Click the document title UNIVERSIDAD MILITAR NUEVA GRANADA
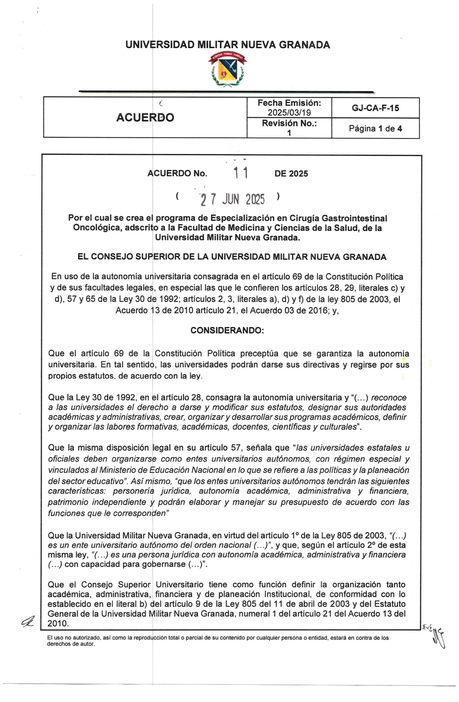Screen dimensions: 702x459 point(228,45)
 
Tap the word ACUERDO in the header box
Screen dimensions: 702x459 point(145,118)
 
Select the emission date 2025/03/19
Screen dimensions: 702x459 point(289,113)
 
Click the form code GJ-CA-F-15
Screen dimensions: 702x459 point(375,108)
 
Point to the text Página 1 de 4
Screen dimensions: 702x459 point(375,129)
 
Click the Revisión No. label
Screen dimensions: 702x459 point(289,124)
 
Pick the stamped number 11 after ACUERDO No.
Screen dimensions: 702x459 point(241,173)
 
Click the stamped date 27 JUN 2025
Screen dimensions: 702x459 point(233,199)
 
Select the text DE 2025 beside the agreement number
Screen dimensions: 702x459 point(291,174)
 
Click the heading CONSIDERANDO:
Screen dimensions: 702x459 point(227,331)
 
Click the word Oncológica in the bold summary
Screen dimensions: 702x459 point(96,228)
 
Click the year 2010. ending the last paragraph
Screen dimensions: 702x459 point(58,623)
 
